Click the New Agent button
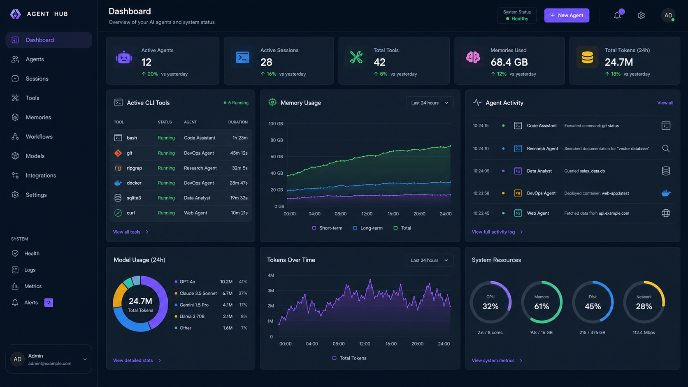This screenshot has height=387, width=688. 567,15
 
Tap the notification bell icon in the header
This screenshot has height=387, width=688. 617,15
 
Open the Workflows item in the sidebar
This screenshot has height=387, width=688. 39,137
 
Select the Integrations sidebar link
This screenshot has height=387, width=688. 41,175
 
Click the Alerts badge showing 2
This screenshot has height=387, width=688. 49,303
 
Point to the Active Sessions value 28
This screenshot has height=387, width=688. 266,62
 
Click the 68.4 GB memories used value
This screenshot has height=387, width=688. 509,62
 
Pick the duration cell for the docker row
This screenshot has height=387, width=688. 239,183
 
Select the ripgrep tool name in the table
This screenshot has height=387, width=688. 134,168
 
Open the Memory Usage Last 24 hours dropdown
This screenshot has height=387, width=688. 430,103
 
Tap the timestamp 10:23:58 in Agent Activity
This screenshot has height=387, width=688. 481,193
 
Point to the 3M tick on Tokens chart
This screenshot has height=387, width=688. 271,291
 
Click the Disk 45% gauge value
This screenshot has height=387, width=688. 593,306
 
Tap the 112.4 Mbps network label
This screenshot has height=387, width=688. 644,332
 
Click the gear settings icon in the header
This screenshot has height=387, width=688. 641,15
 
